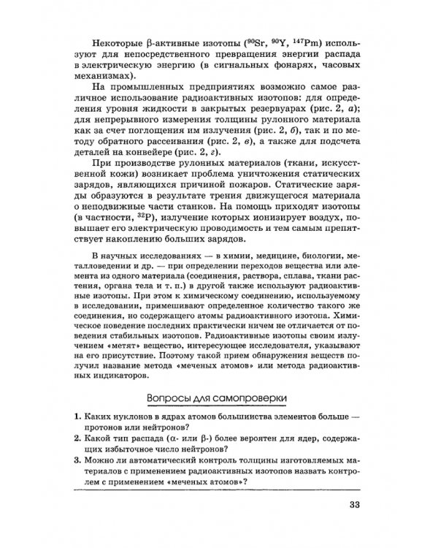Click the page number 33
coord(353,504)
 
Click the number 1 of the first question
coord(77,416)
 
